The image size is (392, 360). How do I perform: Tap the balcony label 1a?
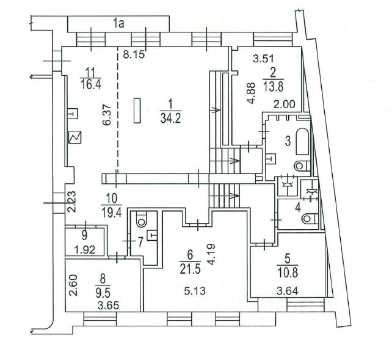(119, 24)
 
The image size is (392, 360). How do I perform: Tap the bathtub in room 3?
(302, 142)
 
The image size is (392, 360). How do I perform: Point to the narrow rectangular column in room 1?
(138, 111)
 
